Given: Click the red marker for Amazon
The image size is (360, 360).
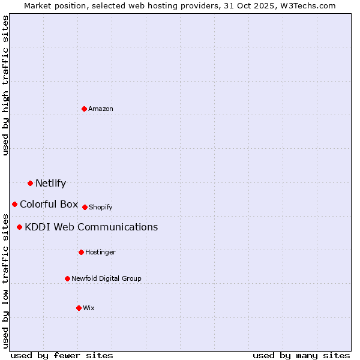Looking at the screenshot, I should [85, 109].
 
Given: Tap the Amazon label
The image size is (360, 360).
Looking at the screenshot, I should [101, 109].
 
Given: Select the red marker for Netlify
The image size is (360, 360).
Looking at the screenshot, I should [30, 183].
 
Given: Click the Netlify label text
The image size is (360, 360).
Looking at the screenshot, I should [50, 184].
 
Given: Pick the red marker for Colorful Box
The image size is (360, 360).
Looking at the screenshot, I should [14, 204].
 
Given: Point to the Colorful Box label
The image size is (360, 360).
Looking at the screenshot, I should [49, 204].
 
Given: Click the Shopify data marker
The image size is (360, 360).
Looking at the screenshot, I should [85, 207].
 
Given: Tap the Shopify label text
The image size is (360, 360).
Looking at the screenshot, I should [100, 208].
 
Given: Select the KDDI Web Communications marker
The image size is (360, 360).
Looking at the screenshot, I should [19, 227].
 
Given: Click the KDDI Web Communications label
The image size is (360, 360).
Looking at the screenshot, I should [91, 227].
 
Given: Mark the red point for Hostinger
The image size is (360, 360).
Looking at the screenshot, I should [81, 252].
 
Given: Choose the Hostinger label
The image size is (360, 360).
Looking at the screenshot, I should [100, 253].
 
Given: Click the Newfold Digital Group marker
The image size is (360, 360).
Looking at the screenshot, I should [67, 278].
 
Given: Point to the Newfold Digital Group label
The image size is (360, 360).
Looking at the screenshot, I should [106, 279].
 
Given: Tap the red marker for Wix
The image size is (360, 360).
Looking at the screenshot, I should [79, 308].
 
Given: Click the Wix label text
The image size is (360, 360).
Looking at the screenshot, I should [89, 308].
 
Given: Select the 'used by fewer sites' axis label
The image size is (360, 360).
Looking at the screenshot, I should [62, 355].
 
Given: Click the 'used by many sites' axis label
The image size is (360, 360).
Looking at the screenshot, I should [301, 355].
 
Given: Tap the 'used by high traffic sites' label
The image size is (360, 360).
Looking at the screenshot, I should [5, 85].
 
